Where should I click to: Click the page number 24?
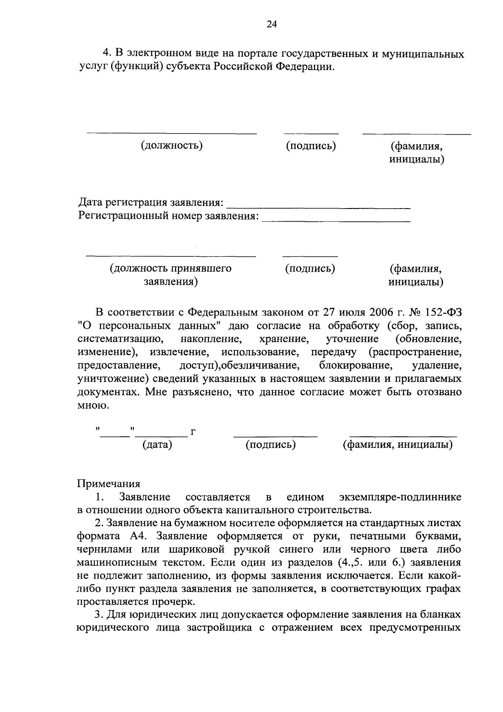(272, 24)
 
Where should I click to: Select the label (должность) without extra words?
(172, 146)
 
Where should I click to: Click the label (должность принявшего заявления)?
(171, 275)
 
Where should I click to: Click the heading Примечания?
(109, 483)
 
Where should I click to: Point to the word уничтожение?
(111, 379)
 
